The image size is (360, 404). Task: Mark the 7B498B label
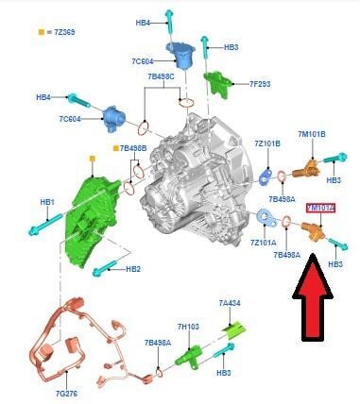pos(132,148)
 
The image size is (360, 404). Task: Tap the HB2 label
pos(133,269)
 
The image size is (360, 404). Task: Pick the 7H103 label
pos(187,327)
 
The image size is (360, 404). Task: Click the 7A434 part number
pos(231,303)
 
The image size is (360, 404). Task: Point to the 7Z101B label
pos(267,143)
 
